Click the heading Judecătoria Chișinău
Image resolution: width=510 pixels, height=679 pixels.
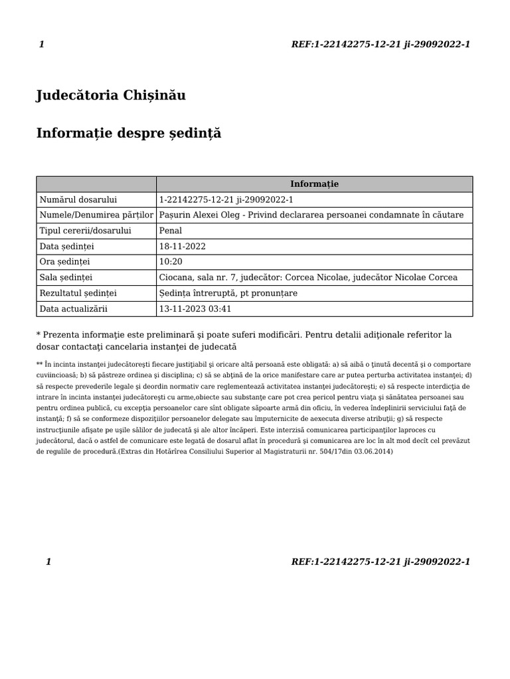pos(111,95)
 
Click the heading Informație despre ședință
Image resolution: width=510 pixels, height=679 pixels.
pos(128,134)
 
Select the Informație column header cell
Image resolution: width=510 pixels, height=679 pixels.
pos(314,184)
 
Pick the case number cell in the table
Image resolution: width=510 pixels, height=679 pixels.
pos(226,200)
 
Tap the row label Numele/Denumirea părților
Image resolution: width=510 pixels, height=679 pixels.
pos(96,215)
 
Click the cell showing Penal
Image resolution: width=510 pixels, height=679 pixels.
pos(171,231)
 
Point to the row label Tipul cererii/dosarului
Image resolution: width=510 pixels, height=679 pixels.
pos(86,231)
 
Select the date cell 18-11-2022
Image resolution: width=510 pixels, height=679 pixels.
pos(183,247)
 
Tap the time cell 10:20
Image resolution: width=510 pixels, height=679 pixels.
pos(170,262)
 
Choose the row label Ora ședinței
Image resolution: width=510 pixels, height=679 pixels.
pos(65,262)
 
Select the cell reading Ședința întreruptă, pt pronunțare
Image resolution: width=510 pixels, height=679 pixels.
pos(228,293)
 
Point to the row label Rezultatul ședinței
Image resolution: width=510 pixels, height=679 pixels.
pos(78,293)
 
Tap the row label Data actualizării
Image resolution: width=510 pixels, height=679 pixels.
pos(74,309)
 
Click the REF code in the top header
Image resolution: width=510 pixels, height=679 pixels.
pos(381,44)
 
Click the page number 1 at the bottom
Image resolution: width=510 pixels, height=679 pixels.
pos(48,562)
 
